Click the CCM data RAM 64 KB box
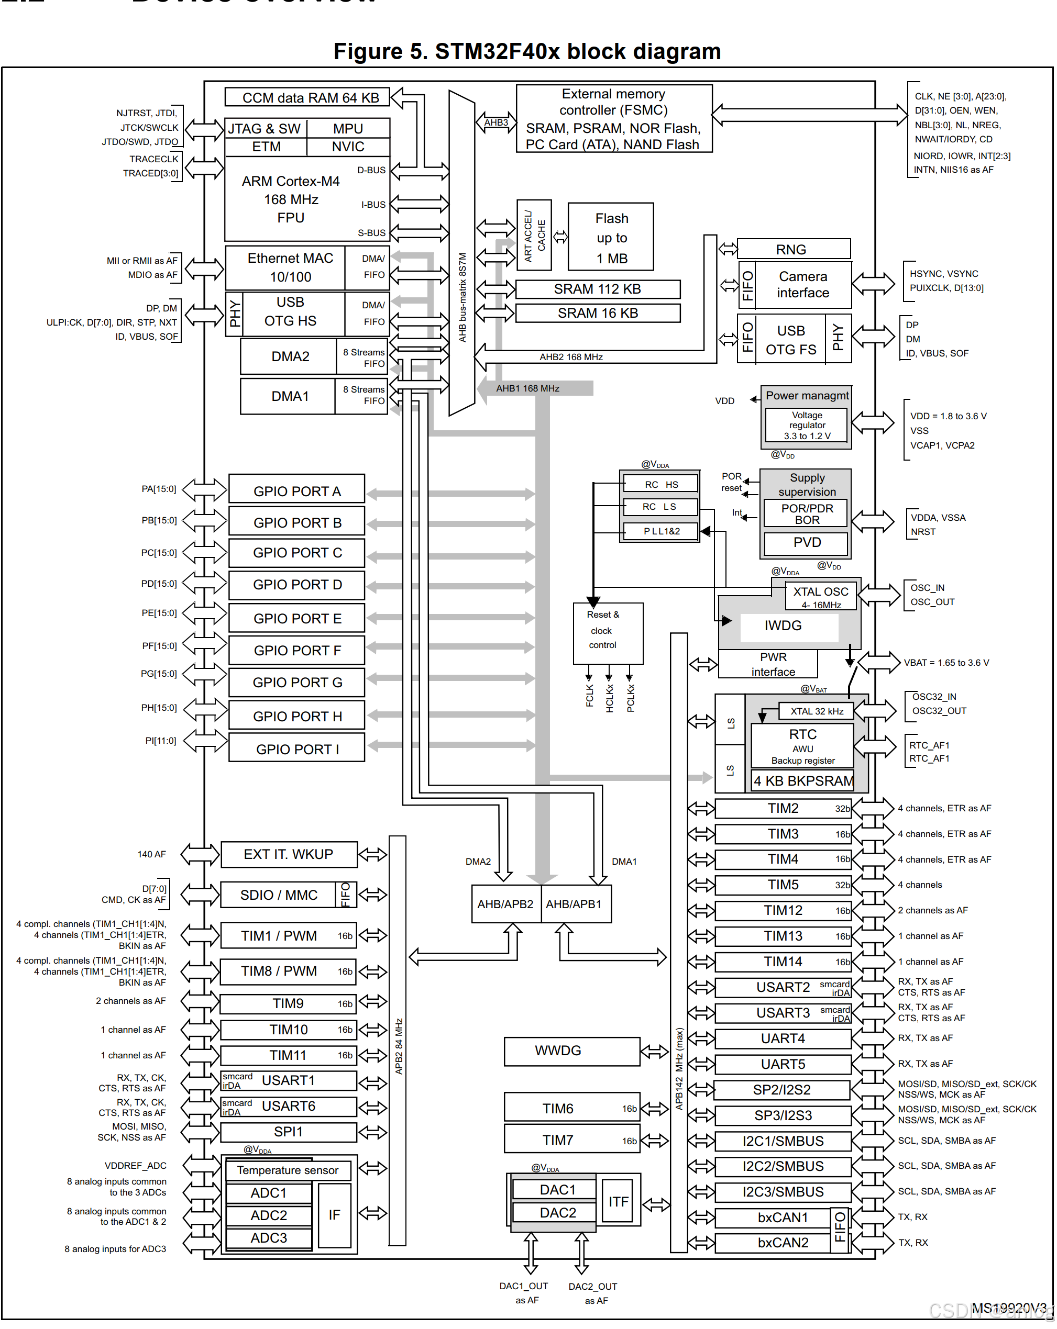point(307,97)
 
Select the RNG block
point(793,249)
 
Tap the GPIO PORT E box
point(296,618)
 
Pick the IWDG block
point(783,626)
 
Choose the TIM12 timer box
point(783,910)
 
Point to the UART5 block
point(783,1065)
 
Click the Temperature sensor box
point(288,1170)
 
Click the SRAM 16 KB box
point(597,313)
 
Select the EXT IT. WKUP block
point(289,854)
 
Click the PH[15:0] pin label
point(159,708)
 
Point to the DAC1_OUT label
point(524,1287)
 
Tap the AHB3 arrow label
point(496,122)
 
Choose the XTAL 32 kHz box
point(817,711)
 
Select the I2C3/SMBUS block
point(783,1192)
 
